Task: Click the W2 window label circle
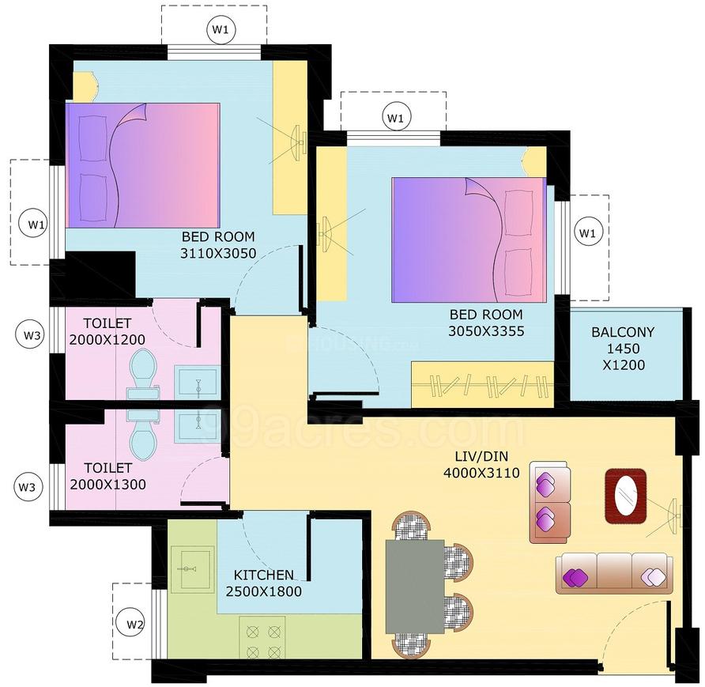coord(136,625)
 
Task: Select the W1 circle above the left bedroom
coord(221,30)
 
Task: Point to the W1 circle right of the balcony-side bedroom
coord(586,232)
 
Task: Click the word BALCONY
coord(623,332)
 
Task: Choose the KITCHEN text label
coord(264,575)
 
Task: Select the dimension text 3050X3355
coord(486,331)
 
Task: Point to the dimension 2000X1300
coord(107,485)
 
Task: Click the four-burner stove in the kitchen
coord(263,640)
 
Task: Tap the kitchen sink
coord(190,568)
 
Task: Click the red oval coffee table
coord(625,496)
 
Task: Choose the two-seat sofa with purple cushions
coord(550,503)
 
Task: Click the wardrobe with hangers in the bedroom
coord(482,385)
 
